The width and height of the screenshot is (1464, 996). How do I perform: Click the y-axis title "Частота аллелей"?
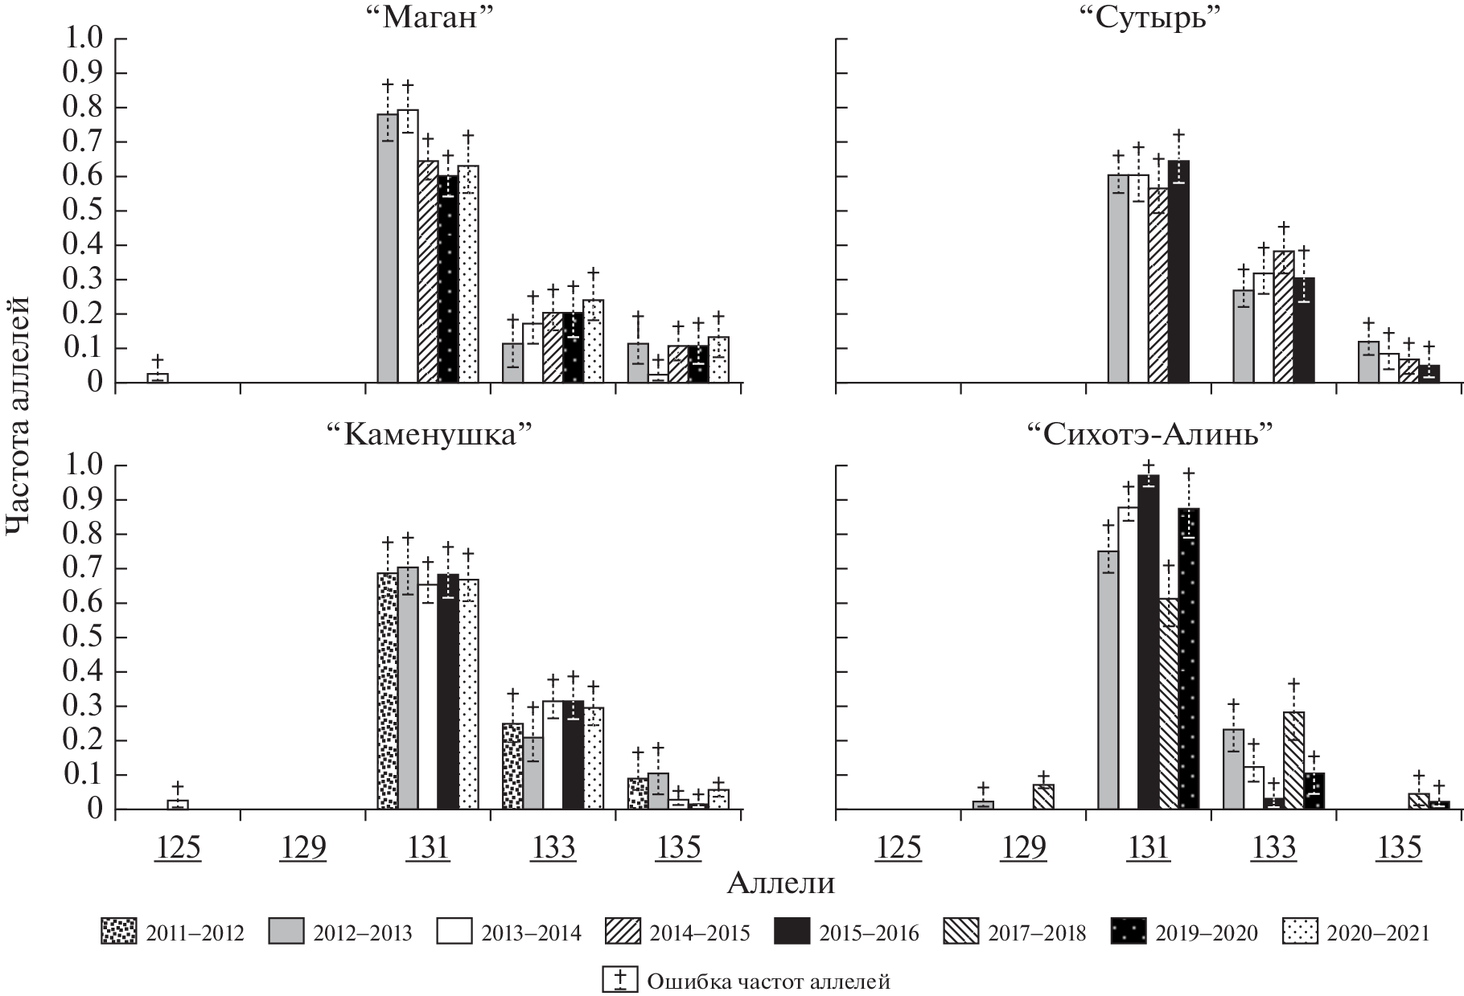(x=17, y=414)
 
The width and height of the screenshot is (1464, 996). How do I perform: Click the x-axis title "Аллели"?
(x=780, y=883)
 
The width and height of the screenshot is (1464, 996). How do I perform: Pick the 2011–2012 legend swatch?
(x=119, y=932)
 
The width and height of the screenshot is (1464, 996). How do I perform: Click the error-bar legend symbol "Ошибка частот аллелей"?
(x=620, y=980)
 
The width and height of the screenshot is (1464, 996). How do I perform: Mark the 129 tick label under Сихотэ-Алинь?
(x=1024, y=848)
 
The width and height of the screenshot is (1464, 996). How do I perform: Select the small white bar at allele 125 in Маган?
(x=158, y=378)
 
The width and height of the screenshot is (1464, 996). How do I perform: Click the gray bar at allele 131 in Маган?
(x=387, y=248)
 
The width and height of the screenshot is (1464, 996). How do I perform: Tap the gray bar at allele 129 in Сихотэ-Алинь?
(x=983, y=805)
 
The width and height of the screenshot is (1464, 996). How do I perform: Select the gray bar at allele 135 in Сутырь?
(x=1368, y=362)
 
